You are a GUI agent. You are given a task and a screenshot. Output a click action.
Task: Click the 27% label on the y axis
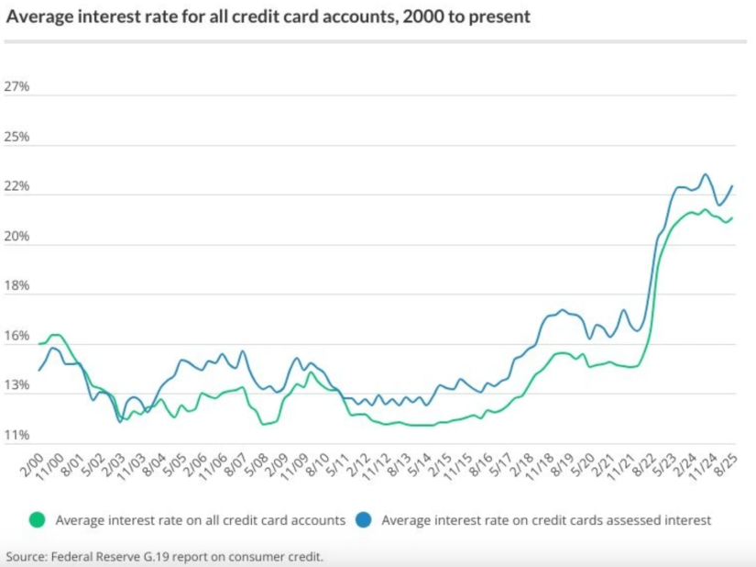tap(17, 87)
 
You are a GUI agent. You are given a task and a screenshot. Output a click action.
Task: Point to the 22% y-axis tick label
tap(17, 187)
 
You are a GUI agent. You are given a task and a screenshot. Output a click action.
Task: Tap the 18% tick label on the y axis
tap(17, 286)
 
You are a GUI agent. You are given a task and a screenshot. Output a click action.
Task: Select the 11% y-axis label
tap(17, 435)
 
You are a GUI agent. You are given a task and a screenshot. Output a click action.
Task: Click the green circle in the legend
tap(38, 520)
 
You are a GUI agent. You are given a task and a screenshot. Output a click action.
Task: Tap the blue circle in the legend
tap(364, 520)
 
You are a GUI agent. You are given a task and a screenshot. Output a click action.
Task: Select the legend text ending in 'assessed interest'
tap(546, 520)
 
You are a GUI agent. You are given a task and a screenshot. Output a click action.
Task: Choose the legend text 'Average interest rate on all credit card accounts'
tap(200, 520)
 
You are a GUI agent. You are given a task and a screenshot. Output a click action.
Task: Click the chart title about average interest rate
tap(268, 17)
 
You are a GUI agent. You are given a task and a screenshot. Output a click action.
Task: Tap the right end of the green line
tap(733, 217)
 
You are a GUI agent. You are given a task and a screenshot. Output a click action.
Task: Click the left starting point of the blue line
tap(39, 371)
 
